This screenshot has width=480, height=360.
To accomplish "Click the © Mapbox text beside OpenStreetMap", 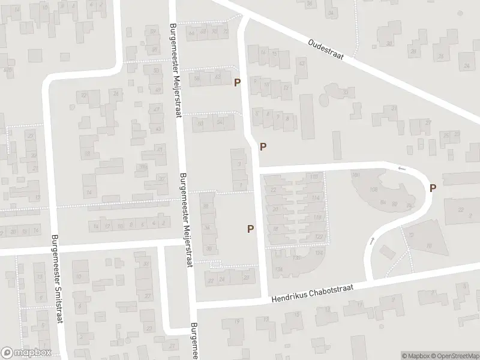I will [x=416, y=356].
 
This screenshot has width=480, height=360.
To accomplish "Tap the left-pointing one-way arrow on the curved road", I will [x=401, y=169].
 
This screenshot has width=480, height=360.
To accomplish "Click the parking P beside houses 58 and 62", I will [x=237, y=82].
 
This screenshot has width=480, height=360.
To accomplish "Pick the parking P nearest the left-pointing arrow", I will [x=433, y=188].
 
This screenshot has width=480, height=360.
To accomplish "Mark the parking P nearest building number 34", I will [x=250, y=228].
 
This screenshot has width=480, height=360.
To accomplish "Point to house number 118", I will [x=317, y=217].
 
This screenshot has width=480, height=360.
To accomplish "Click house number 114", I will [x=316, y=198].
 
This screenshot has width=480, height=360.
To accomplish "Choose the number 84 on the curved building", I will [x=383, y=202].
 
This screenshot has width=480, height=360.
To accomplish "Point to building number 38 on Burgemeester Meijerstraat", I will [x=206, y=206].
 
